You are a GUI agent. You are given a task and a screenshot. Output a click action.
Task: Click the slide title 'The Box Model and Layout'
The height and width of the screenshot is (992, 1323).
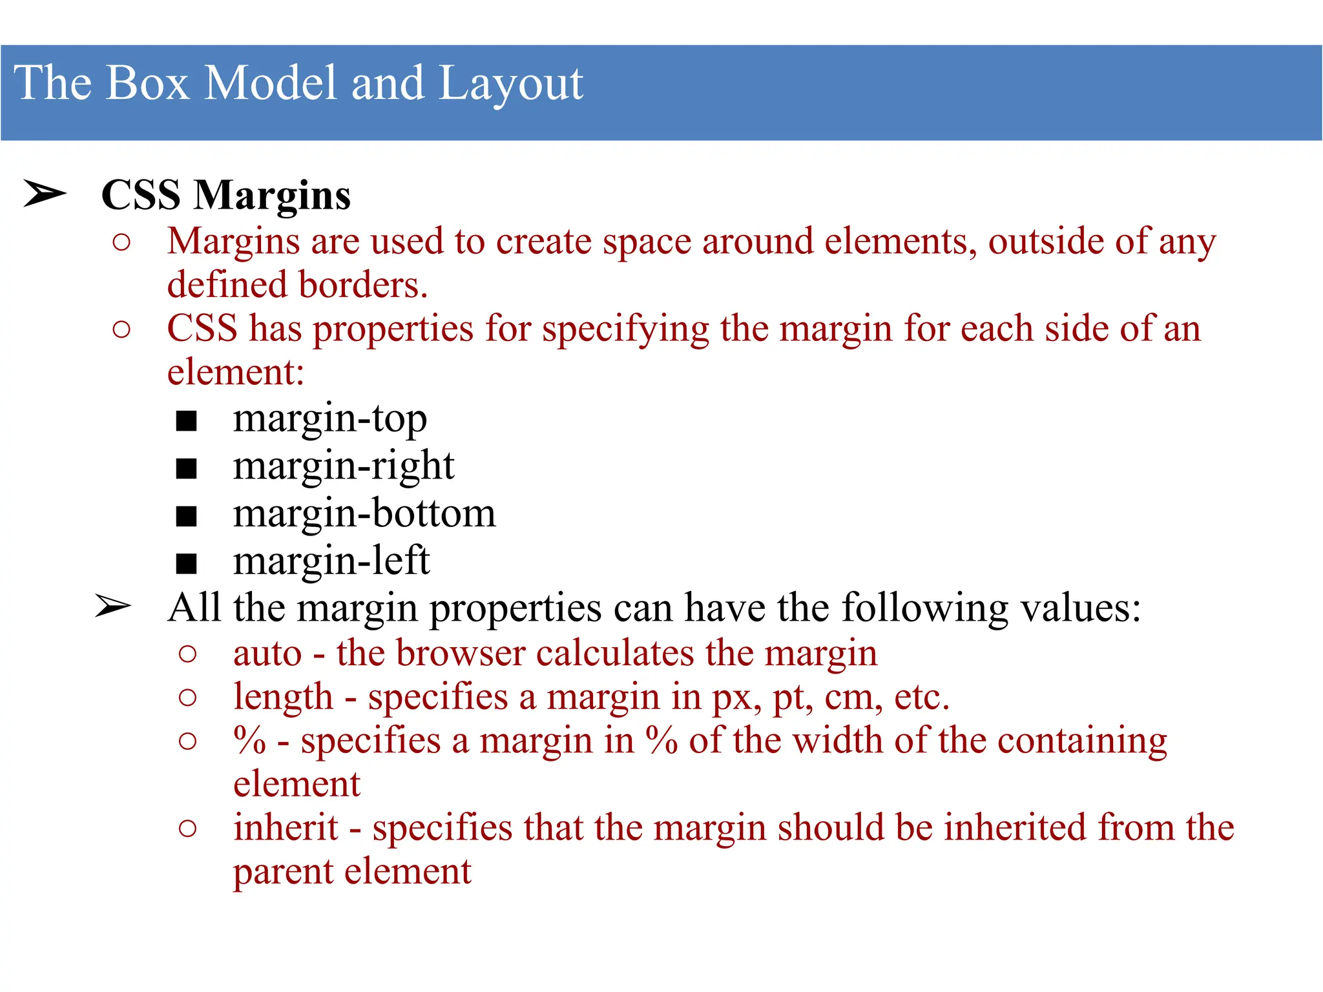(x=298, y=83)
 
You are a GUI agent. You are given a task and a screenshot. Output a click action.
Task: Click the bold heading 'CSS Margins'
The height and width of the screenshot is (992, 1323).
(x=226, y=195)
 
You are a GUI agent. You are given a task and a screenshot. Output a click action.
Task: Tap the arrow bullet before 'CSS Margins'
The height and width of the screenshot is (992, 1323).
(x=45, y=194)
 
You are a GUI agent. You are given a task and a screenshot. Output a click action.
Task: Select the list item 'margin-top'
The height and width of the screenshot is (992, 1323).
(x=329, y=419)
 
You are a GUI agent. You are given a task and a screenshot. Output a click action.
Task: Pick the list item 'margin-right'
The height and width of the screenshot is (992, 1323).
(x=343, y=466)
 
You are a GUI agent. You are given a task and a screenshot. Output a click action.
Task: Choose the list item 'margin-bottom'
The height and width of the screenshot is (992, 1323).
(x=364, y=514)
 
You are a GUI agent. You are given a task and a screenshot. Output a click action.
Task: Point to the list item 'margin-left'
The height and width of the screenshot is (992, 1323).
(x=331, y=561)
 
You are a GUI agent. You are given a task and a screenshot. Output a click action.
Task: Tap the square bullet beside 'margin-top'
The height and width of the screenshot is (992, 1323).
(x=186, y=421)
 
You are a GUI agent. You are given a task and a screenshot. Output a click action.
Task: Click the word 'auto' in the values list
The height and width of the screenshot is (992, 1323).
(x=267, y=654)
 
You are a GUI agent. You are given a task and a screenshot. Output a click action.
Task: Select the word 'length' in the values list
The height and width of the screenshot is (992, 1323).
(x=283, y=697)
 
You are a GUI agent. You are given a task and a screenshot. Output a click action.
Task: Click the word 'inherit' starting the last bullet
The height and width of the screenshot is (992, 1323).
(x=286, y=828)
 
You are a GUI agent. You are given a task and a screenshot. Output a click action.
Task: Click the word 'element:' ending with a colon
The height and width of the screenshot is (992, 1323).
(x=236, y=373)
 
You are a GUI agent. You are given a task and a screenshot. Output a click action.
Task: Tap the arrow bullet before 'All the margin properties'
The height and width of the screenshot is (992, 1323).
(x=113, y=606)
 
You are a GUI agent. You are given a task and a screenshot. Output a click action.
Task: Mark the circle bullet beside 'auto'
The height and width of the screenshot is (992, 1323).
(x=187, y=654)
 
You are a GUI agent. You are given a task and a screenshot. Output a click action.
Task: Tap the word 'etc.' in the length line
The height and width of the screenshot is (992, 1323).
(x=921, y=697)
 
